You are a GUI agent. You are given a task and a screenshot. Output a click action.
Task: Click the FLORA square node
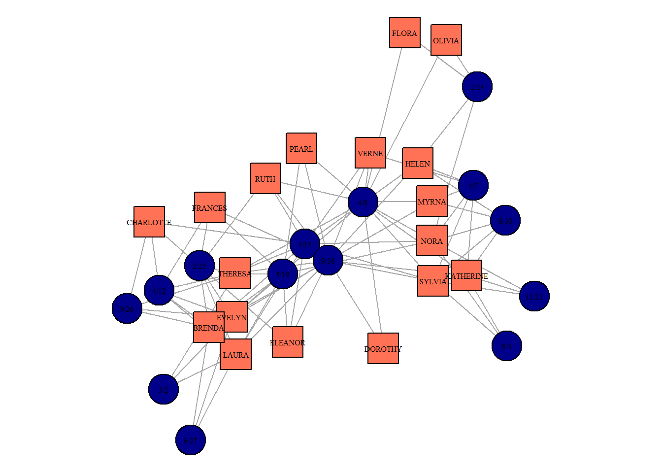404,33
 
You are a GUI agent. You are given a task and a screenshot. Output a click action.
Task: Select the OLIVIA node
446,40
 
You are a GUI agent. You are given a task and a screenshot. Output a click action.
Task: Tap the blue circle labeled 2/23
477,87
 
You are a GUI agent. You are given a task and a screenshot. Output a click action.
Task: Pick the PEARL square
301,148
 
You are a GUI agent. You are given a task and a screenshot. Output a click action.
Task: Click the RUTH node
265,178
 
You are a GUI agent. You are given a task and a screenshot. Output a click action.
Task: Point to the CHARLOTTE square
149,222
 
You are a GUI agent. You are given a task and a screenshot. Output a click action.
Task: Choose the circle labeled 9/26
127,309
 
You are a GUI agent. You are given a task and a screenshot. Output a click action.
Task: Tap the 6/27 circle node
190,440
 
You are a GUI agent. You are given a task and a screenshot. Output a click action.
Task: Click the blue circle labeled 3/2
163,389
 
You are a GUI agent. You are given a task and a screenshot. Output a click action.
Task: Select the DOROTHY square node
383,348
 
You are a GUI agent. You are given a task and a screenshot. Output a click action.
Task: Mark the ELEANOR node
287,342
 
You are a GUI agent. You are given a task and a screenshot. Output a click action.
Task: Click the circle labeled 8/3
506,346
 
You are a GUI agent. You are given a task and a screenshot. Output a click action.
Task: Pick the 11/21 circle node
534,296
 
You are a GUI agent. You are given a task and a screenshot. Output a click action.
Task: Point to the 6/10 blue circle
505,220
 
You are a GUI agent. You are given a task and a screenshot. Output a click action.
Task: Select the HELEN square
417,163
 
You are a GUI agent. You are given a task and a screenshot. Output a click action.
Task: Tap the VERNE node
370,153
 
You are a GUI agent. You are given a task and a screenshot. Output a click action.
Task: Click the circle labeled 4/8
363,202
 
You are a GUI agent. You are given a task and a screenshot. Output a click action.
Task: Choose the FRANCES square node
209,207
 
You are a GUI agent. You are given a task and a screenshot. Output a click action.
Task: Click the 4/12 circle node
159,290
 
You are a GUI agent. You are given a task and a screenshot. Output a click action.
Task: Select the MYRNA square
431,201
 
